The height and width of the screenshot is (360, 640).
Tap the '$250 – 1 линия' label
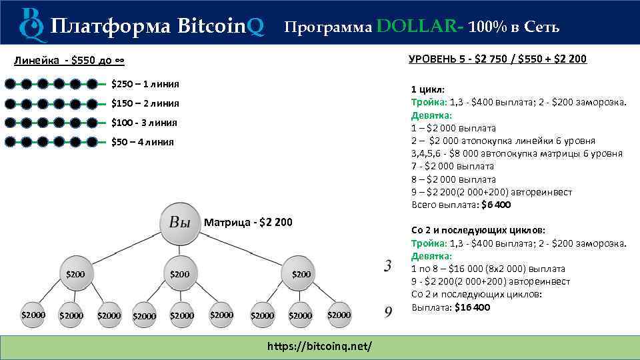pos(145,84)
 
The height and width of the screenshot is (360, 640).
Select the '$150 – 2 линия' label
pos(145,103)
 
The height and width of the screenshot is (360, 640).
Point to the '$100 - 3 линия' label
pos(144,123)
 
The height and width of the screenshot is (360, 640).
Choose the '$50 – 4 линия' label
pos(142,141)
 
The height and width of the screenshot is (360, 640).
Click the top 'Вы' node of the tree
pos(179,223)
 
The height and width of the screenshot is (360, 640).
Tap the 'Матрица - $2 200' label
pos(249,221)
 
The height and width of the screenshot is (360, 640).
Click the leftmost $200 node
pos(75,273)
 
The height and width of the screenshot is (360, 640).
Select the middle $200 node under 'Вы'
pos(179,273)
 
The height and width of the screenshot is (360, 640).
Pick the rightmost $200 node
pos(301,273)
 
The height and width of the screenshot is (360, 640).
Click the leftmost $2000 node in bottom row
pos(33,315)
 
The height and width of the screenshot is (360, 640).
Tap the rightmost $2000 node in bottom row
pos(339,315)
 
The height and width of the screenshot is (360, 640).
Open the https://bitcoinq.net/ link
pos(319,347)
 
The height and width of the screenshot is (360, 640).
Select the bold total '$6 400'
pos(496,205)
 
